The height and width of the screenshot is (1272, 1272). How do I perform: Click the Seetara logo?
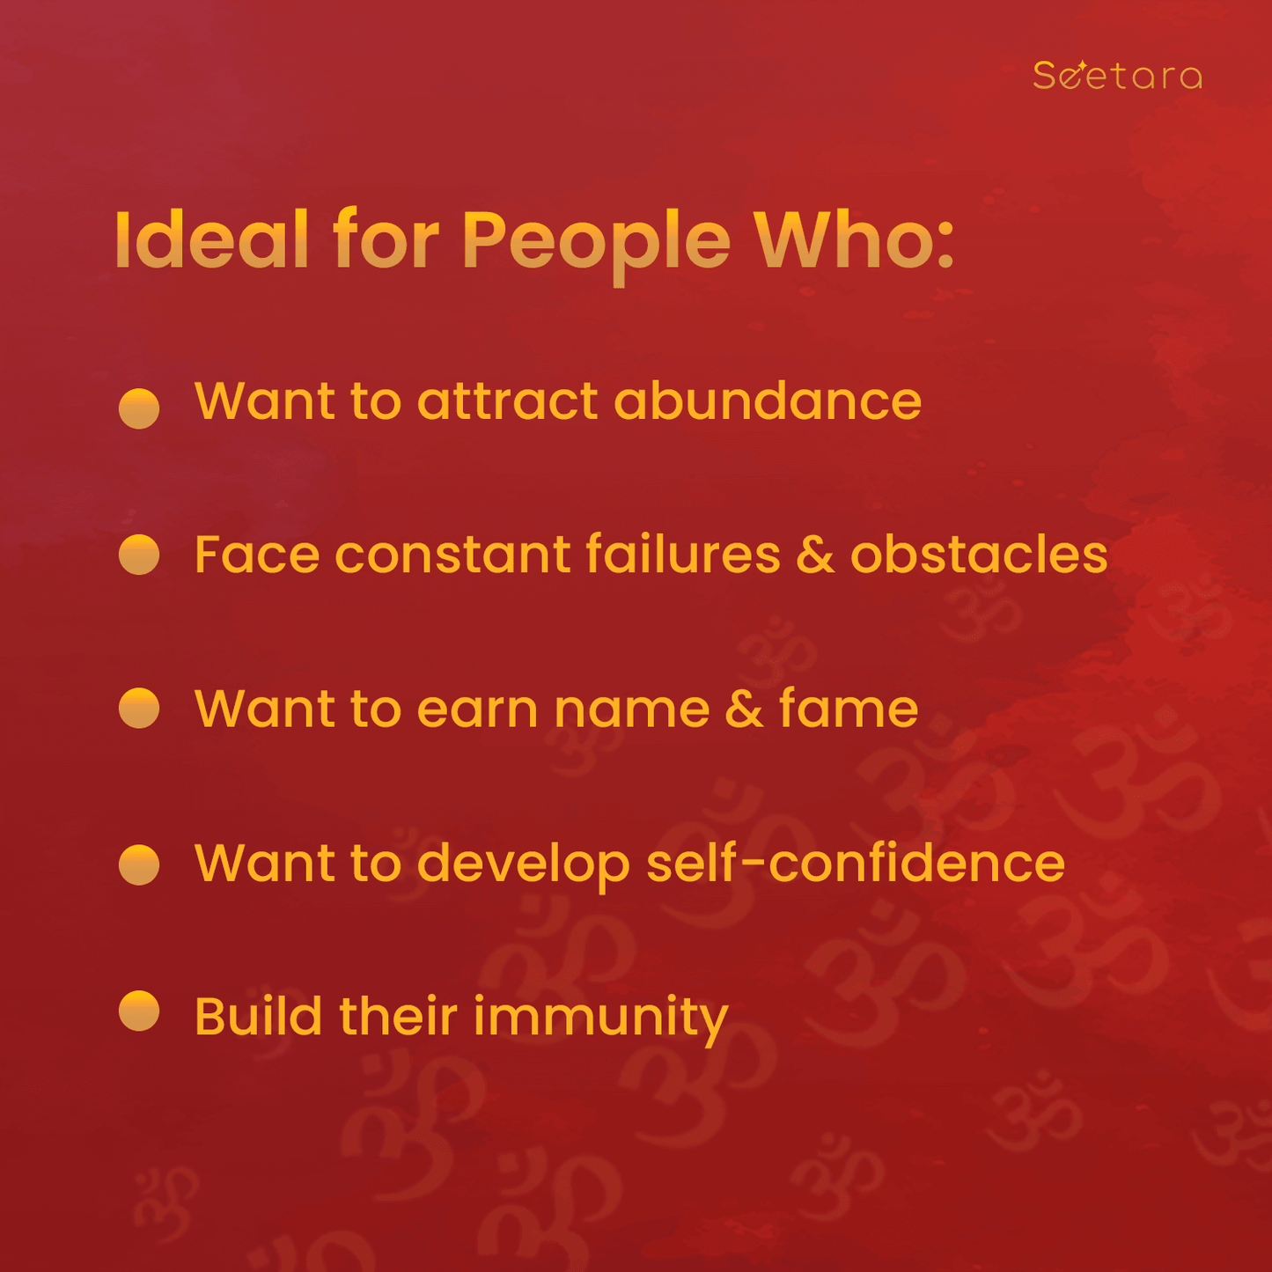[1117, 75]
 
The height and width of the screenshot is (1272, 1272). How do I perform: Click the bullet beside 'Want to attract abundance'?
[138, 408]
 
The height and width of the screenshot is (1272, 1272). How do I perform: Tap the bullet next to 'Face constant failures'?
[138, 555]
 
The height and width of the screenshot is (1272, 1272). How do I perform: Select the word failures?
[682, 553]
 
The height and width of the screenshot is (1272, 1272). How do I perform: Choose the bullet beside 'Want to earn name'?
[138, 709]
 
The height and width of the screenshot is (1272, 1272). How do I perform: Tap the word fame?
[849, 707]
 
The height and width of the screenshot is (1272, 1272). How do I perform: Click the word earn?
[477, 710]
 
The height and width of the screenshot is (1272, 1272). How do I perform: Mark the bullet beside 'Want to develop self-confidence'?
[138, 864]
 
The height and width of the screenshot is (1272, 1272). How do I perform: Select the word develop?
[524, 865]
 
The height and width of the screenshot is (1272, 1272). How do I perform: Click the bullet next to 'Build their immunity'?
[138, 1011]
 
